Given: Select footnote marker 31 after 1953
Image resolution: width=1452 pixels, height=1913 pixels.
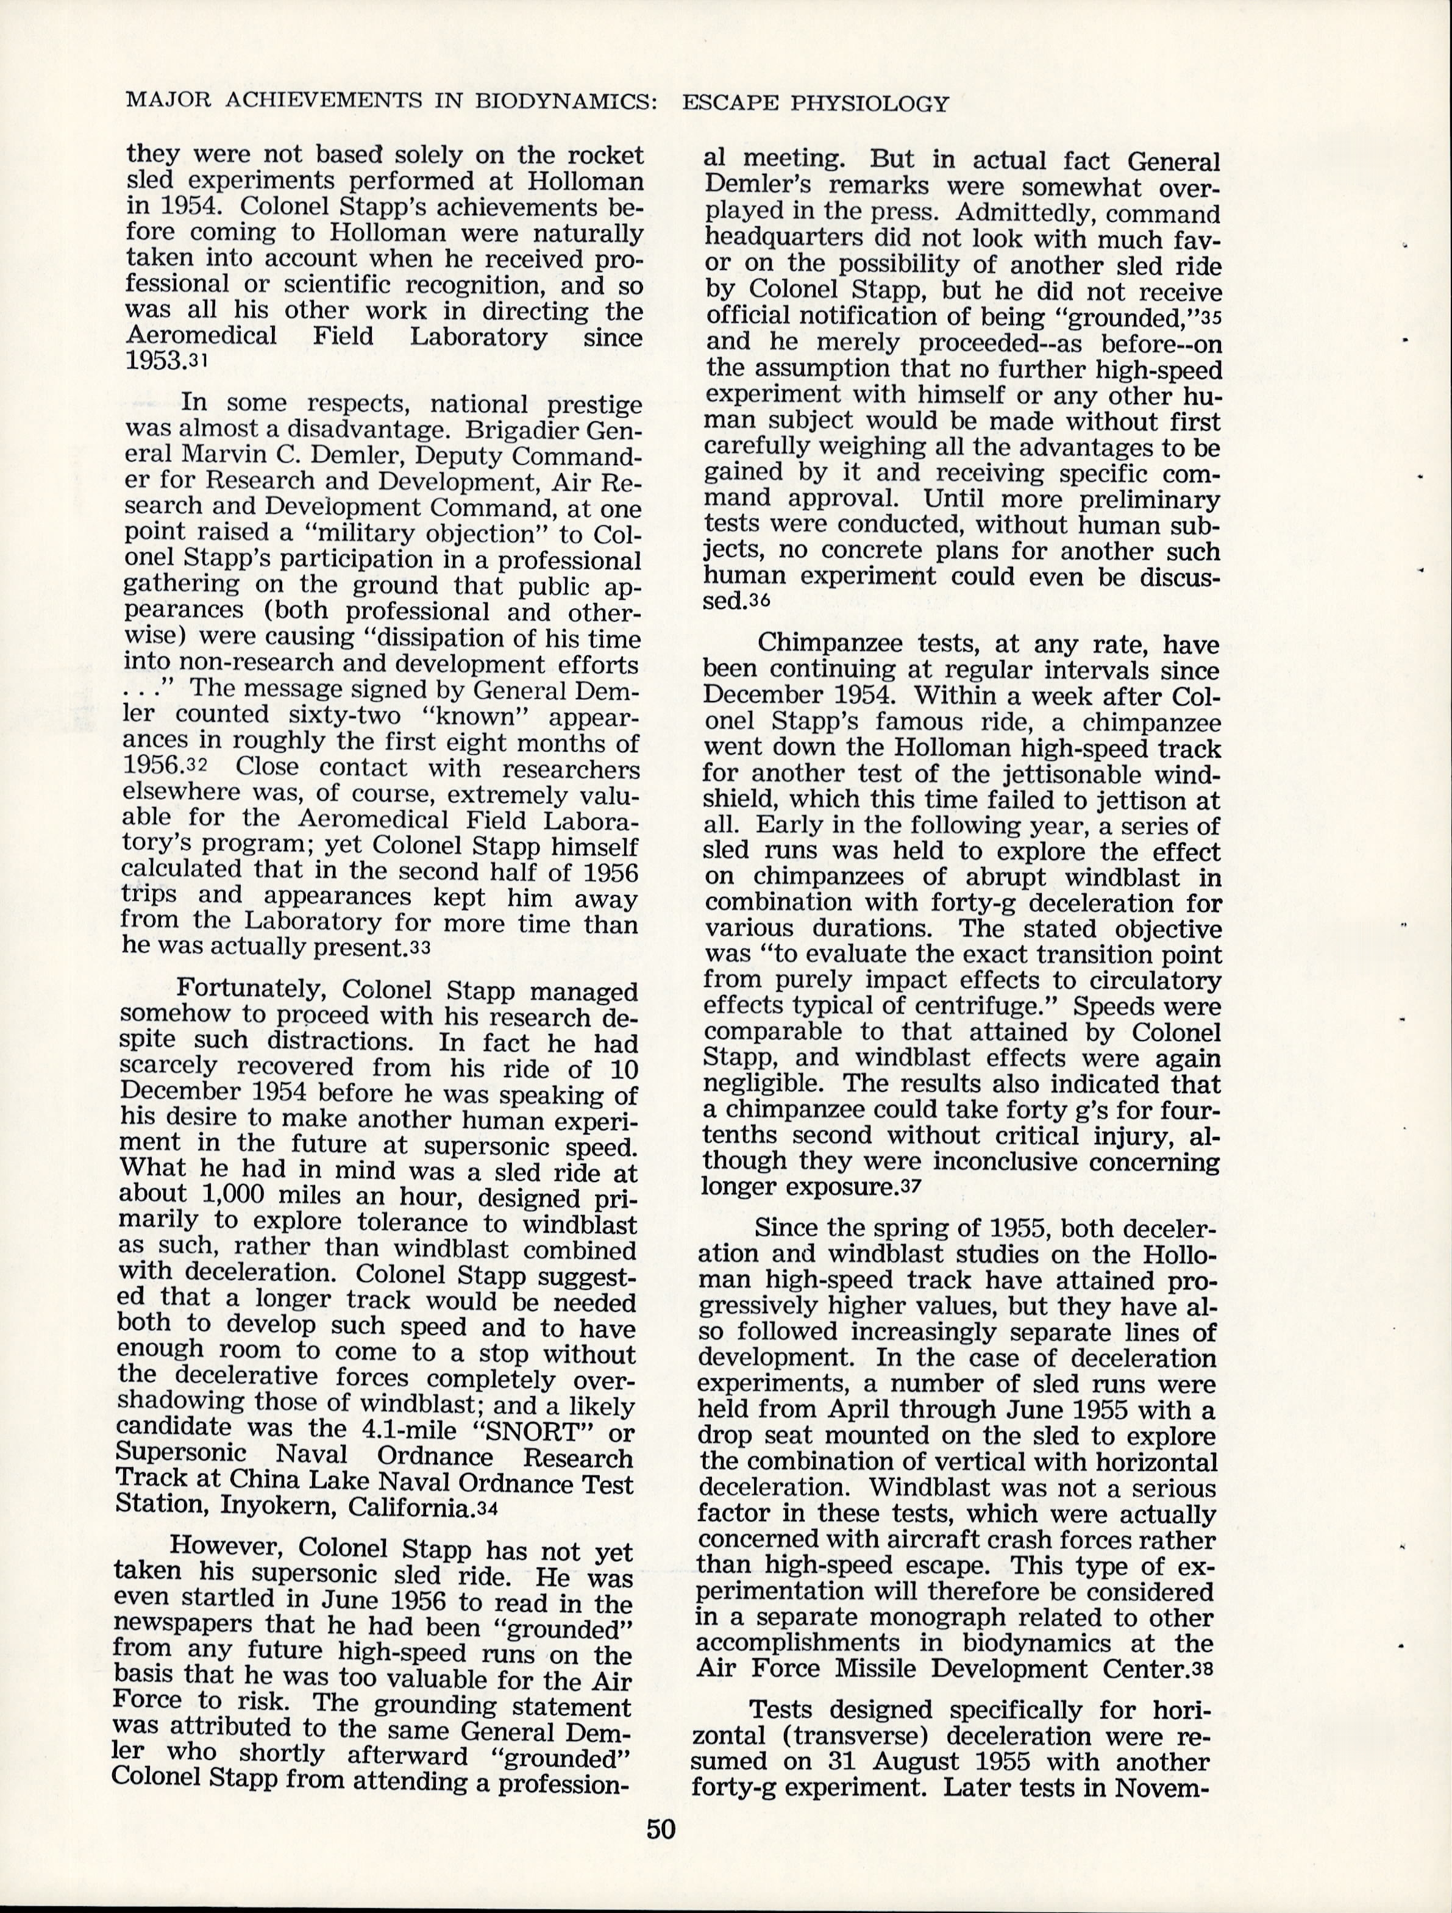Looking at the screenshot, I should tap(199, 362).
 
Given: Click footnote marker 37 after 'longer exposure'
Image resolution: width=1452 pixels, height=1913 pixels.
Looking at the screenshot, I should tap(909, 1188).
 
